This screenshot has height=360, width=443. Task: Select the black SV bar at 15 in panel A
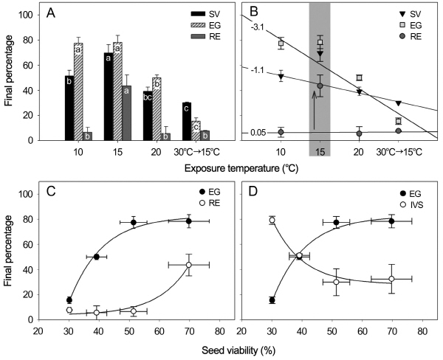click(109, 96)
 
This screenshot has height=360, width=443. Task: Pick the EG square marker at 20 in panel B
click(359, 77)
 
